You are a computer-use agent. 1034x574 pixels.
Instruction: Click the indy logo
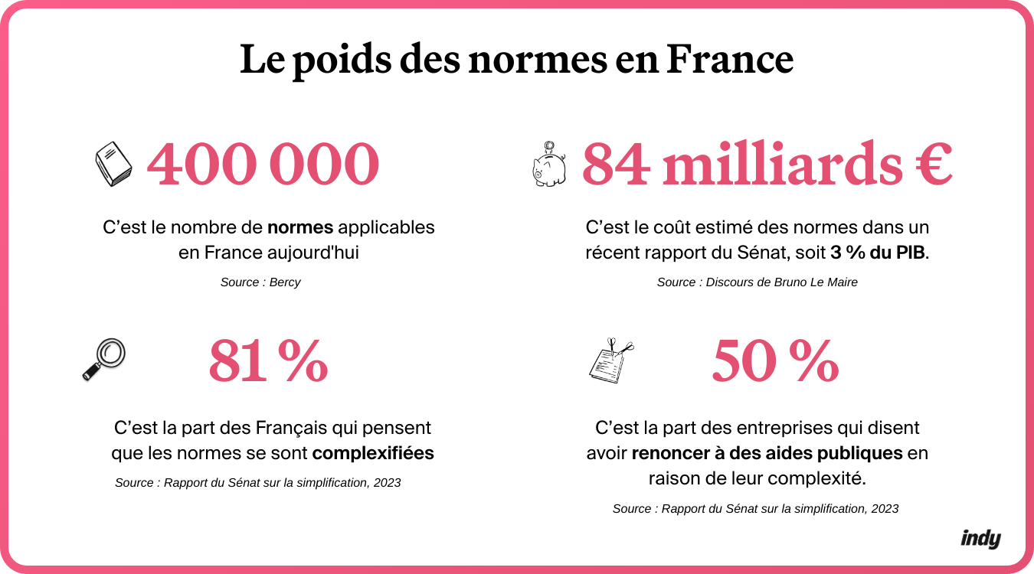click(x=980, y=539)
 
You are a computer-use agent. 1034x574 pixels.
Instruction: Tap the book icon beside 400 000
click(x=113, y=165)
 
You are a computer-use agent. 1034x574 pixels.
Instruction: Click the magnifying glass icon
click(x=103, y=359)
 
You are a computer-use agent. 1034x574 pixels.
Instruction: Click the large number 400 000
click(x=263, y=165)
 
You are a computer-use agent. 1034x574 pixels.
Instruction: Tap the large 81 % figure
click(x=268, y=362)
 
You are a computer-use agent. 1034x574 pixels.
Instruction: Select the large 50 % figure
click(x=775, y=362)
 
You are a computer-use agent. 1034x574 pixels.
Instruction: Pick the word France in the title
click(x=729, y=60)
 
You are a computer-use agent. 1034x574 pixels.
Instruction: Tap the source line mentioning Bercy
click(x=260, y=282)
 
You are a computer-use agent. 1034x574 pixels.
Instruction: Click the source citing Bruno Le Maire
click(x=757, y=282)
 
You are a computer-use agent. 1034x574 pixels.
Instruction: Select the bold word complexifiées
click(x=373, y=453)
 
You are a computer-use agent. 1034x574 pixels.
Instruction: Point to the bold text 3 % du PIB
click(x=878, y=253)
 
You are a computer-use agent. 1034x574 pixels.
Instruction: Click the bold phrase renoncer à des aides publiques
click(x=767, y=453)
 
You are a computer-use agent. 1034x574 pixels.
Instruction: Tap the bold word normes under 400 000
click(x=299, y=227)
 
